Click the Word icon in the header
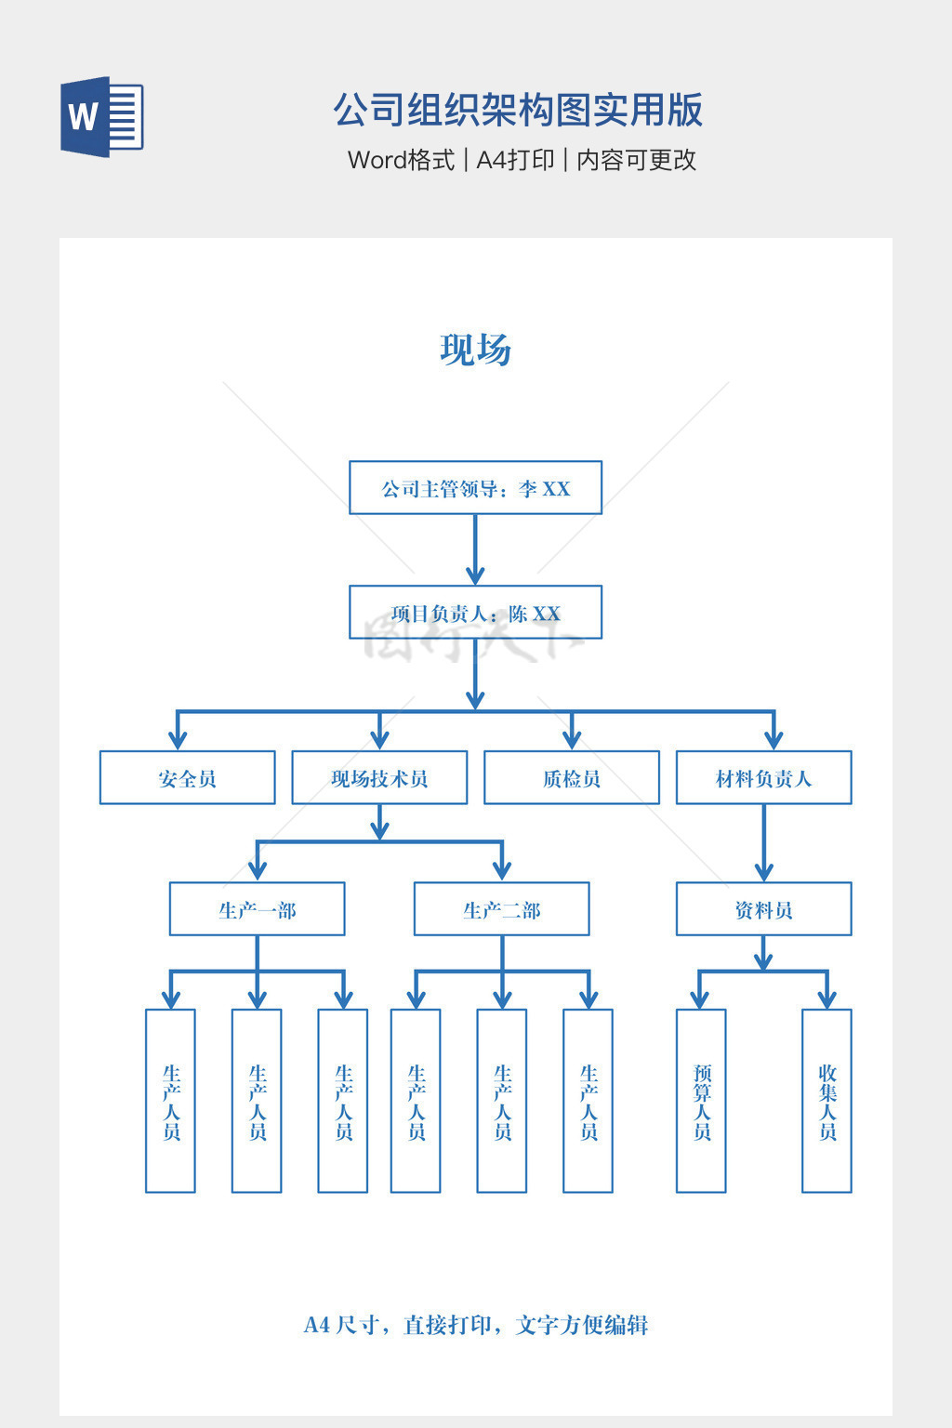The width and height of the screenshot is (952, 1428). pyautogui.click(x=102, y=116)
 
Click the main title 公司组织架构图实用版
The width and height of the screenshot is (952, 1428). pyautogui.click(x=518, y=110)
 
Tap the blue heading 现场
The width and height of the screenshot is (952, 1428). pyautogui.click(x=475, y=350)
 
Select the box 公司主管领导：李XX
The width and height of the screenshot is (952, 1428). pyautogui.click(x=475, y=488)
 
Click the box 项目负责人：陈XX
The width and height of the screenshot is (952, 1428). pyautogui.click(x=475, y=613)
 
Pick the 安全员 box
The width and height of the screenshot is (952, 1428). pyautogui.click(x=187, y=778)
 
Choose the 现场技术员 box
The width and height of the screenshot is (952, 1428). pyautogui.click(x=379, y=778)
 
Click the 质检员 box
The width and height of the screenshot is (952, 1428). pyautogui.click(x=571, y=778)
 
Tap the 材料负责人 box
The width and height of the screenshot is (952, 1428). pyautogui.click(x=763, y=778)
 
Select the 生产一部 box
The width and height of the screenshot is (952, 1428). pyautogui.click(x=257, y=909)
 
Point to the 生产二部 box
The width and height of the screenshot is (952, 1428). pyautogui.click(x=501, y=909)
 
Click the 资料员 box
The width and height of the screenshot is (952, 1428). pyautogui.click(x=763, y=909)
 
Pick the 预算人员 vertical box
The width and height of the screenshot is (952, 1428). pyautogui.click(x=701, y=1101)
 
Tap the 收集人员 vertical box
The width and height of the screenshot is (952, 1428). pyautogui.click(x=826, y=1101)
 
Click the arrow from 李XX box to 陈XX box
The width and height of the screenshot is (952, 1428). pyautogui.click(x=475, y=549)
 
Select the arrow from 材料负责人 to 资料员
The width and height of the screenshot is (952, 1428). pyautogui.click(x=763, y=843)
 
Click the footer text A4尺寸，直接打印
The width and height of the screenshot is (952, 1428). pyautogui.click(x=475, y=1325)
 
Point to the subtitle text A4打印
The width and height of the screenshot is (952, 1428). pyautogui.click(x=515, y=160)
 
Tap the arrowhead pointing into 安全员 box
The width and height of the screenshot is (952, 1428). pyautogui.click(x=178, y=739)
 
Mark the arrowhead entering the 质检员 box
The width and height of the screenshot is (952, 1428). pyautogui.click(x=572, y=739)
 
